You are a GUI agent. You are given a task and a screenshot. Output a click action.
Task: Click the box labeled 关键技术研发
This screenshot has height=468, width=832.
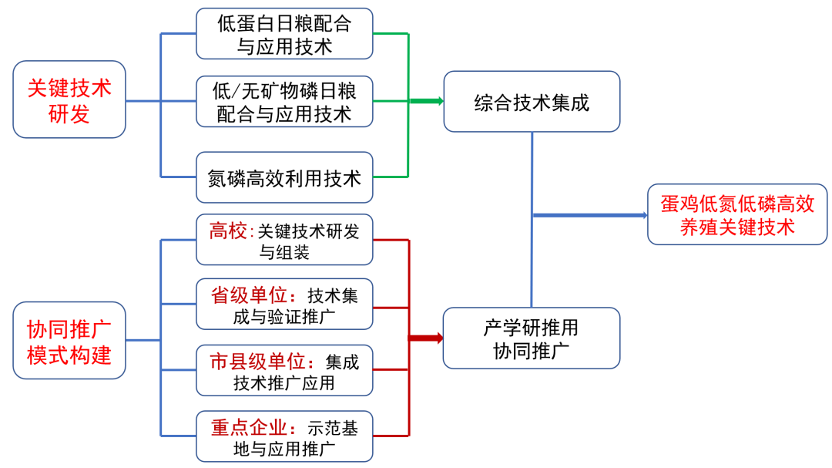pyautogui.click(x=69, y=99)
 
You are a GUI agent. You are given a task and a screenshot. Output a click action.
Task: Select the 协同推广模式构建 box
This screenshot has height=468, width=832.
pyautogui.click(x=69, y=340)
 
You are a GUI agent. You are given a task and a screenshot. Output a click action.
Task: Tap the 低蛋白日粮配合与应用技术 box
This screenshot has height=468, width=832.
pyautogui.click(x=284, y=34)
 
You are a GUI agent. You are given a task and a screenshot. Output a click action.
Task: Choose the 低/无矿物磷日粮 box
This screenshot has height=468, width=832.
pyautogui.click(x=284, y=101)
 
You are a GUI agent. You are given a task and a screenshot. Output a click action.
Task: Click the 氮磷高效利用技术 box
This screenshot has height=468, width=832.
pyautogui.click(x=284, y=178)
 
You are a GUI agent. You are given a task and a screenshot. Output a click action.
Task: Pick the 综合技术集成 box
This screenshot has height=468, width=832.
pyautogui.click(x=532, y=101)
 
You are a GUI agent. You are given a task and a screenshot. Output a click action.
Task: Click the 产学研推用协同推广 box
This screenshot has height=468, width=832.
pyautogui.click(x=532, y=338)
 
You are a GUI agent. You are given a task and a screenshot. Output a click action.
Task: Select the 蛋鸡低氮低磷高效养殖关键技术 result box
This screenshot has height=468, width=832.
pyautogui.click(x=737, y=214)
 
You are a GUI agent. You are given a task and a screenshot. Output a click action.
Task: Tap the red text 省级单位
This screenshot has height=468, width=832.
pyautogui.click(x=249, y=295)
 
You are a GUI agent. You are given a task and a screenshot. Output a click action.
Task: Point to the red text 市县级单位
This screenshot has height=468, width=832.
pyautogui.click(x=258, y=361)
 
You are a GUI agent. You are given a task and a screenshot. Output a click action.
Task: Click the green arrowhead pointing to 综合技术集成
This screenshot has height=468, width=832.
pyautogui.click(x=438, y=101)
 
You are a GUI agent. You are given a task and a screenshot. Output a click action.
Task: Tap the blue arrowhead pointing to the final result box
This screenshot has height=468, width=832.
pyautogui.click(x=642, y=215)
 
